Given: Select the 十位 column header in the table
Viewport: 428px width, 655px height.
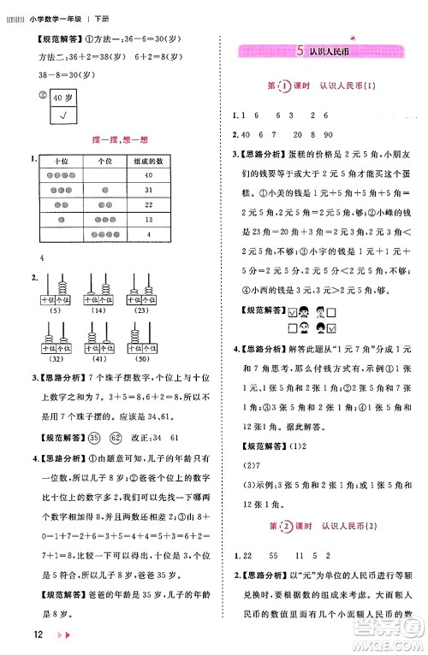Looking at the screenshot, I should point(61,161).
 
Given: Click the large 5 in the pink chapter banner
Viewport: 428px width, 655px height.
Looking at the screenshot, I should point(298,51).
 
